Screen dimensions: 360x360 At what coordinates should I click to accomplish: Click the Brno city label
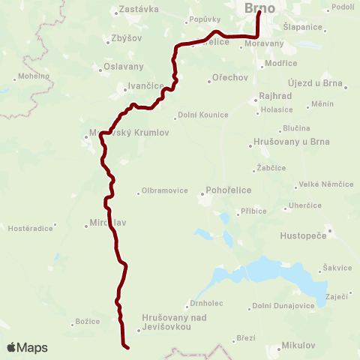(x=259, y=8)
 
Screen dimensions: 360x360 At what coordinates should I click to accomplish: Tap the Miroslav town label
(x=105, y=223)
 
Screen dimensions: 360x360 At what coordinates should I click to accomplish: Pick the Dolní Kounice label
(x=200, y=115)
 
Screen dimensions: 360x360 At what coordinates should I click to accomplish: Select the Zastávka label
(x=135, y=11)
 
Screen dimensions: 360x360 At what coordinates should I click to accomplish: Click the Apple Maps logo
(x=27, y=347)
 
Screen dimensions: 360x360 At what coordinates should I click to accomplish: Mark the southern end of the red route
(x=128, y=347)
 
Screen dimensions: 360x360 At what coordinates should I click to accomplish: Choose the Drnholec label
(x=204, y=304)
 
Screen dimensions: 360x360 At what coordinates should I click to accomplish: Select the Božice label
(x=87, y=322)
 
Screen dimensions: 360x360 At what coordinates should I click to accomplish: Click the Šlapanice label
(x=303, y=27)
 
